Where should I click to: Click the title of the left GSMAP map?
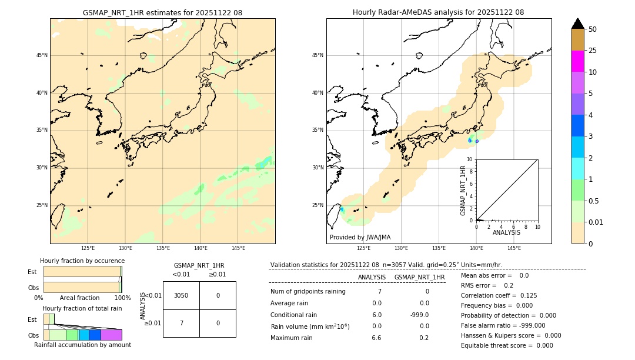click(x=162, y=12)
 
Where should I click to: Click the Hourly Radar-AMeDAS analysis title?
click(x=438, y=12)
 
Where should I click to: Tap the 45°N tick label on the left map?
click(x=42, y=55)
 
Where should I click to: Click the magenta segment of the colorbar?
click(x=577, y=61)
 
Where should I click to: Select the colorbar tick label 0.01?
click(x=596, y=222)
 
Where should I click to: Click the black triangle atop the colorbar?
click(x=577, y=24)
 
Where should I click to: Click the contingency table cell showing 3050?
click(x=181, y=295)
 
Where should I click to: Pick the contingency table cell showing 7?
click(x=181, y=323)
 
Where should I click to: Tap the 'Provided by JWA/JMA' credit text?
click(x=360, y=237)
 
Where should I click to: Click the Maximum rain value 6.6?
click(x=376, y=338)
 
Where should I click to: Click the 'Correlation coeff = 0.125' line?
click(x=499, y=295)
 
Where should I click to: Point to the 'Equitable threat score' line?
click(x=507, y=345)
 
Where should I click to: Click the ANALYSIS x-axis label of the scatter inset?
click(x=506, y=232)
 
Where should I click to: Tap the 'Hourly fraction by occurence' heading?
click(x=82, y=261)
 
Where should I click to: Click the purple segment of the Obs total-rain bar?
click(x=111, y=335)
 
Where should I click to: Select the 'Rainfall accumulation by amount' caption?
click(x=82, y=345)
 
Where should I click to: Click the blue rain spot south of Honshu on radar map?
click(x=470, y=141)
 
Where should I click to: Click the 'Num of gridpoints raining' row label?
click(x=308, y=291)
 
